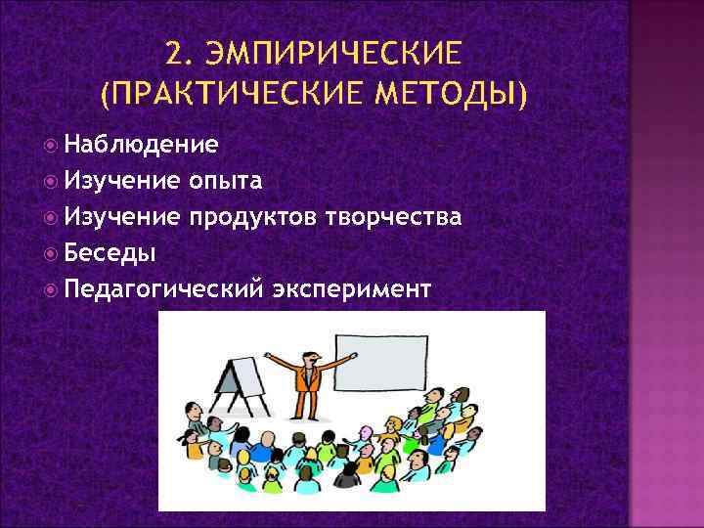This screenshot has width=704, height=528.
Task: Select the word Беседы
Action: pos(110,252)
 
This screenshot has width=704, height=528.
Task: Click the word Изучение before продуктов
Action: pos(122,216)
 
